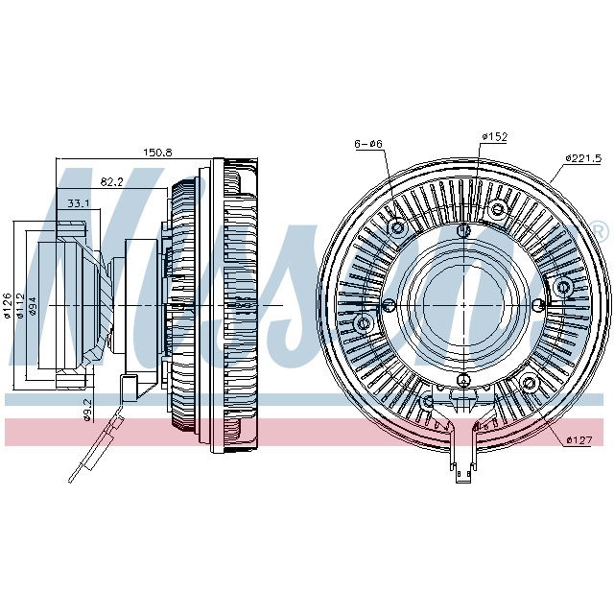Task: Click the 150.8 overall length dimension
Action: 157,153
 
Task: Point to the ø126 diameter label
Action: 9,305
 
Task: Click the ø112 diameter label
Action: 21,305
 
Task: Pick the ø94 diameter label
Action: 34,305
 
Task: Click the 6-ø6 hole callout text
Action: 368,144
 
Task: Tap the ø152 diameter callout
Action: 494,137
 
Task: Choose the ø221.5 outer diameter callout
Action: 582,157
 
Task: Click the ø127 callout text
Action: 579,438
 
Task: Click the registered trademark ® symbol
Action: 599,231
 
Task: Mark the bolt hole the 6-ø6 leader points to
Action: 397,227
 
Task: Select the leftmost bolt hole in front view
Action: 364,324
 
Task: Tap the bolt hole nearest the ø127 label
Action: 529,384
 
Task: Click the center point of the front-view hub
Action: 463,305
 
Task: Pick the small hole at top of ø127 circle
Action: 463,229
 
